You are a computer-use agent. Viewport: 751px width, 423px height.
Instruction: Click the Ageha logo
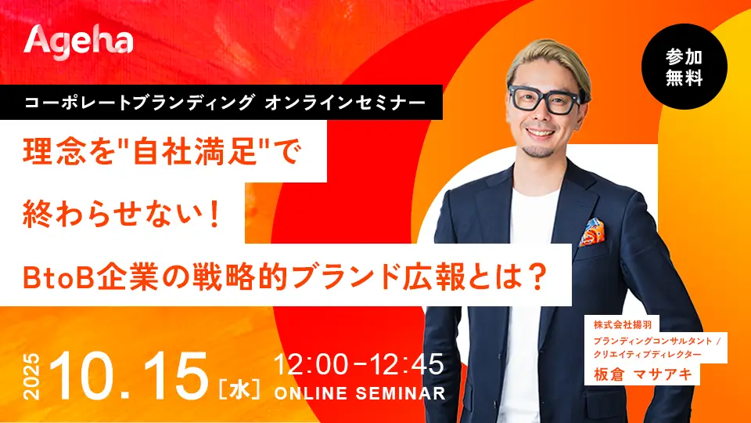point(78,42)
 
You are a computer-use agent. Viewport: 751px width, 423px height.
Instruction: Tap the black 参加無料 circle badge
point(684,67)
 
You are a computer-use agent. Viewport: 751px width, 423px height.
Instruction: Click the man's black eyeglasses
point(545,99)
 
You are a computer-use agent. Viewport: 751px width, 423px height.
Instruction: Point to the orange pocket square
point(592,232)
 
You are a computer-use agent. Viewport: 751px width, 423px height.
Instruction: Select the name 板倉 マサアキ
point(643,374)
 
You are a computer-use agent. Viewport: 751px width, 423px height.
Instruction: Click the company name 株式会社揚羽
point(623,324)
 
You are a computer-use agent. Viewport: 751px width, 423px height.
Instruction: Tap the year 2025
point(32,377)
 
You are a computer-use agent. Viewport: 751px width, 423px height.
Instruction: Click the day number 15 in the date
point(175,377)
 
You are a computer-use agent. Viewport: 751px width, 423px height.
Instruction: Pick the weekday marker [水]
point(239,389)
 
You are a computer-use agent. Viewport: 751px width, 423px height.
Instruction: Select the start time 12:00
point(311,364)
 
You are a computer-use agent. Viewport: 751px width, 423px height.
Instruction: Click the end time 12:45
point(407,364)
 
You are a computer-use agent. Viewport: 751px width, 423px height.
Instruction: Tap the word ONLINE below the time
point(311,393)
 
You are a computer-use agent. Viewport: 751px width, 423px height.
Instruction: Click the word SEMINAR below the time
point(401,393)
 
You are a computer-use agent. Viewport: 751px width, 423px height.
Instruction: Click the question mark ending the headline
point(540,277)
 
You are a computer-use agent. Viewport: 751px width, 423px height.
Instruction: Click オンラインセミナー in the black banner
point(345,102)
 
